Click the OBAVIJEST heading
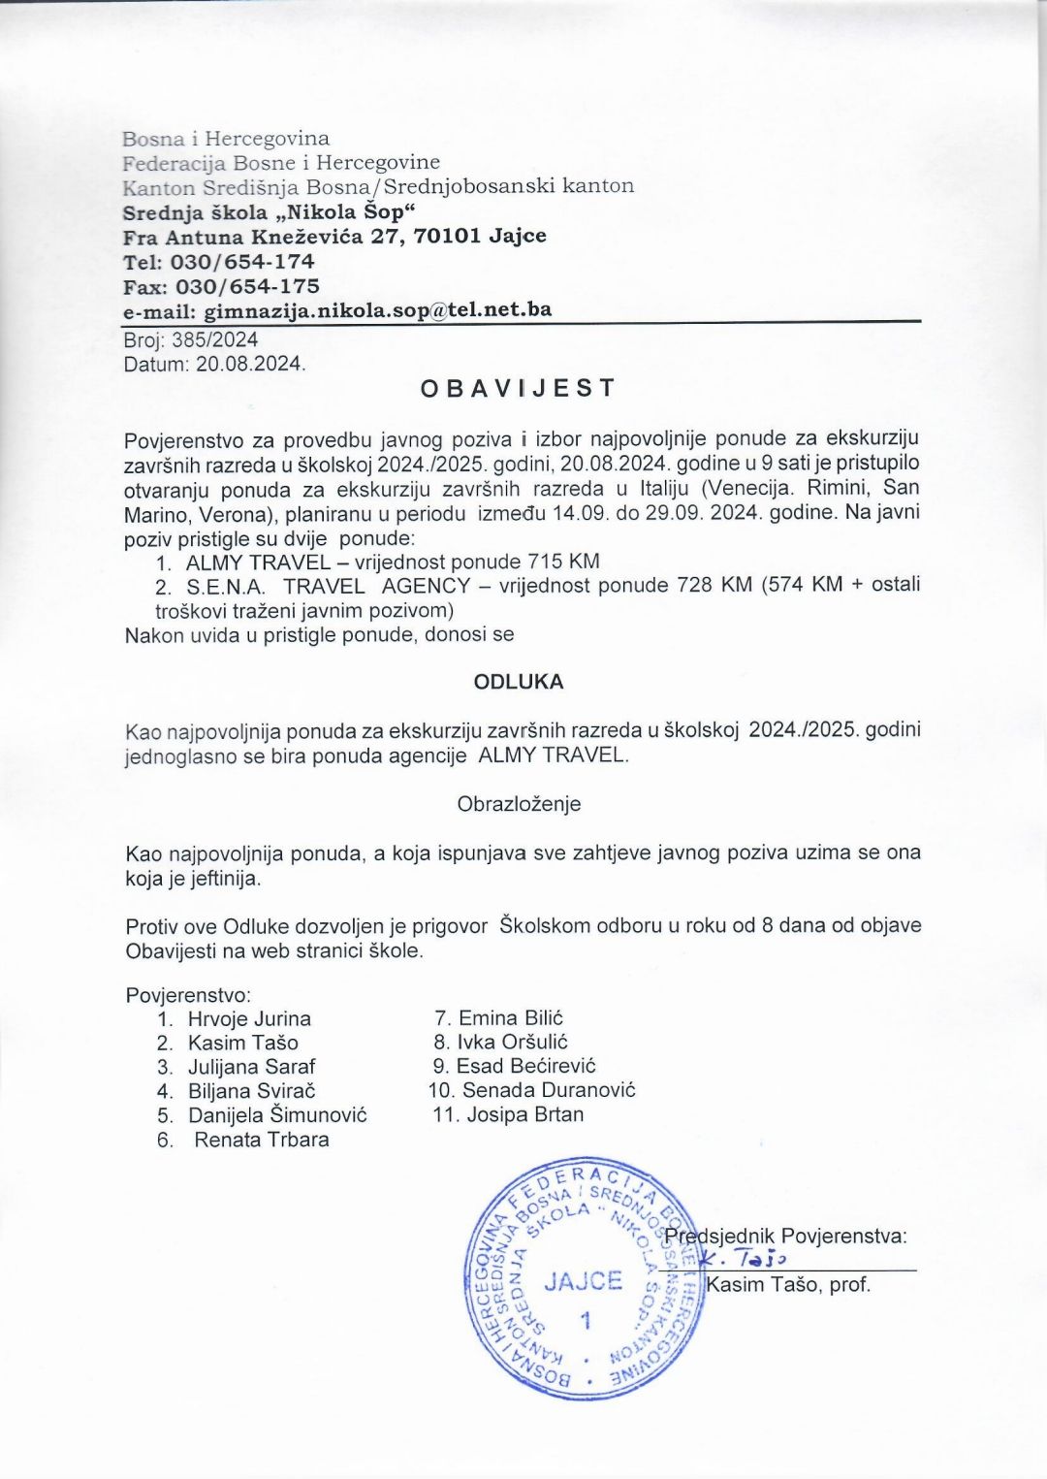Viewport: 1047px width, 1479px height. (518, 389)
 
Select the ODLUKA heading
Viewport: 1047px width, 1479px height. (518, 682)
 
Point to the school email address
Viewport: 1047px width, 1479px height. (378, 310)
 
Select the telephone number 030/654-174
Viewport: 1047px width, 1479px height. (242, 262)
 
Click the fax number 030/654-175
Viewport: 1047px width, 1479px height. (247, 286)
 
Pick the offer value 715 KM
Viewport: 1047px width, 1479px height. (563, 562)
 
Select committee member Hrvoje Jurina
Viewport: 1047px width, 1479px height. (249, 1019)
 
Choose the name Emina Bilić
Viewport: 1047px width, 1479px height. (511, 1018)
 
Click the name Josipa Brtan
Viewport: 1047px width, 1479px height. (525, 1114)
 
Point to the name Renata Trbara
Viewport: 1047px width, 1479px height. (262, 1140)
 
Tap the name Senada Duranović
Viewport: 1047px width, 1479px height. (549, 1090)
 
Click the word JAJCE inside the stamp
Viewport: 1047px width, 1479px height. (583, 1281)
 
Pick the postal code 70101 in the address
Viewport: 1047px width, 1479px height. (447, 236)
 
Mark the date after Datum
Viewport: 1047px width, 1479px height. (250, 365)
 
